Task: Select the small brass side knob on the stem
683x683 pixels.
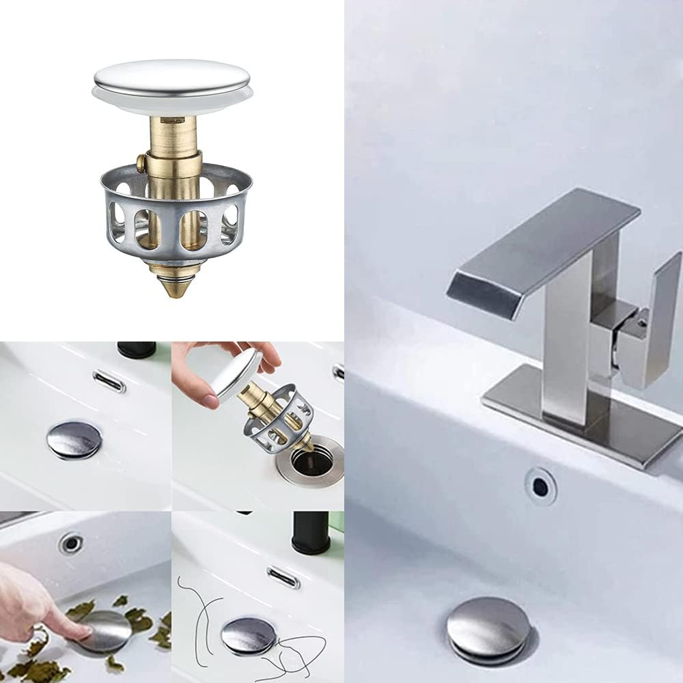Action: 141,164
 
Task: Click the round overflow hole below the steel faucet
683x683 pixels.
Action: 540,486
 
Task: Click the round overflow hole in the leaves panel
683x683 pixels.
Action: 70,543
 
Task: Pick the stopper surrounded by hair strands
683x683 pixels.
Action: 249,635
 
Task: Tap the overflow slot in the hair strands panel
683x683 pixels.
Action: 283,577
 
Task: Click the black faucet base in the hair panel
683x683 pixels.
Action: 311,533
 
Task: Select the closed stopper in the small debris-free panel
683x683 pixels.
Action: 74,439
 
